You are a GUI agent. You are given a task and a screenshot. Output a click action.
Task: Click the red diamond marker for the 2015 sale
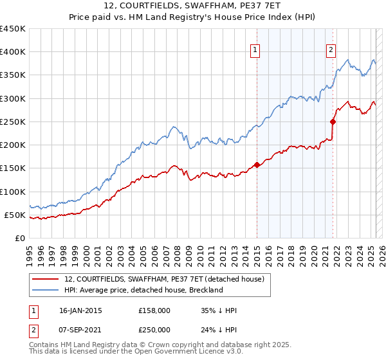pyautogui.click(x=257, y=165)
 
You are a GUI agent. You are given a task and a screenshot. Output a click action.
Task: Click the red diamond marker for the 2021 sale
pyautogui.click(x=333, y=122)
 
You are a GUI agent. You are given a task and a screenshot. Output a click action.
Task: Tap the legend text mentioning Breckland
pyautogui.click(x=143, y=290)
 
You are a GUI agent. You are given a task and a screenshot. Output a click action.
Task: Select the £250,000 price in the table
pyautogui.click(x=154, y=328)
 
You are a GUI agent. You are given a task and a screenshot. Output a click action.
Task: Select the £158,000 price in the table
pyautogui.click(x=154, y=310)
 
